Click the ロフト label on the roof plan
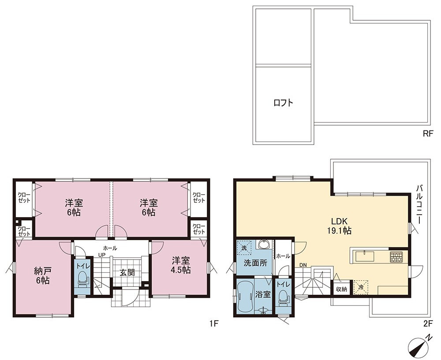click(283, 103)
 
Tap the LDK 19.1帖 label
click(339, 226)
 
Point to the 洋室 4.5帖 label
click(181, 265)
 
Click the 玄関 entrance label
click(127, 272)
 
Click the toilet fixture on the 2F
click(284, 297)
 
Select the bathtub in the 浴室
click(245, 296)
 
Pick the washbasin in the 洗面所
click(264, 244)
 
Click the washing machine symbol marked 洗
click(244, 248)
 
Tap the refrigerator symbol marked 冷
click(360, 287)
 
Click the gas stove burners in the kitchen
click(396, 257)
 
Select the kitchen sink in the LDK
click(365, 256)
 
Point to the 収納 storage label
click(341, 289)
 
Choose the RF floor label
click(427, 134)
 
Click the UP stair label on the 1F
click(101, 255)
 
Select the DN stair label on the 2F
click(303, 265)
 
